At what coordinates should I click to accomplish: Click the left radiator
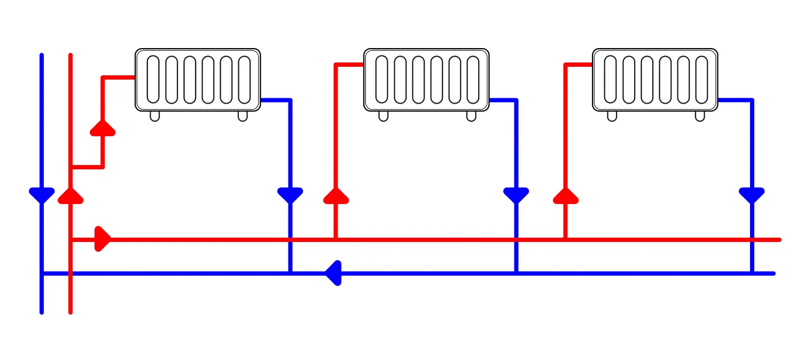198,80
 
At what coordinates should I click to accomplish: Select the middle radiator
426,80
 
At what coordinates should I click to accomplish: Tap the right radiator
655,80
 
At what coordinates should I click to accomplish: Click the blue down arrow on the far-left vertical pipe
42,195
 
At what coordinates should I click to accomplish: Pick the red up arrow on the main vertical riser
71,196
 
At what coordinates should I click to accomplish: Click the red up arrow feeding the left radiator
103,128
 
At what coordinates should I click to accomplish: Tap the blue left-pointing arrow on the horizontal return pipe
333,273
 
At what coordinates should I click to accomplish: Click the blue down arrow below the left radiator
290,195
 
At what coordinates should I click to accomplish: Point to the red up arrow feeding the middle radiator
336,196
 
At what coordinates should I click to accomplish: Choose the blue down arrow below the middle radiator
516,195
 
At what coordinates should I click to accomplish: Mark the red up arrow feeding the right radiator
565,196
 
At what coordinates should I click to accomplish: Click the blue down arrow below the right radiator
752,195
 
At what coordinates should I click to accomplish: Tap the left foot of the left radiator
155,116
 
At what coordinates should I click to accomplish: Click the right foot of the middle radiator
471,116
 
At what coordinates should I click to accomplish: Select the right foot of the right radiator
700,116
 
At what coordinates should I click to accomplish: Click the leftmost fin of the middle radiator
382,80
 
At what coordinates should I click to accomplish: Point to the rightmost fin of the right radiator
701,80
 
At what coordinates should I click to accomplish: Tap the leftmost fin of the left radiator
153,80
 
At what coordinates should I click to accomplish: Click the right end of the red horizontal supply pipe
778,240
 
